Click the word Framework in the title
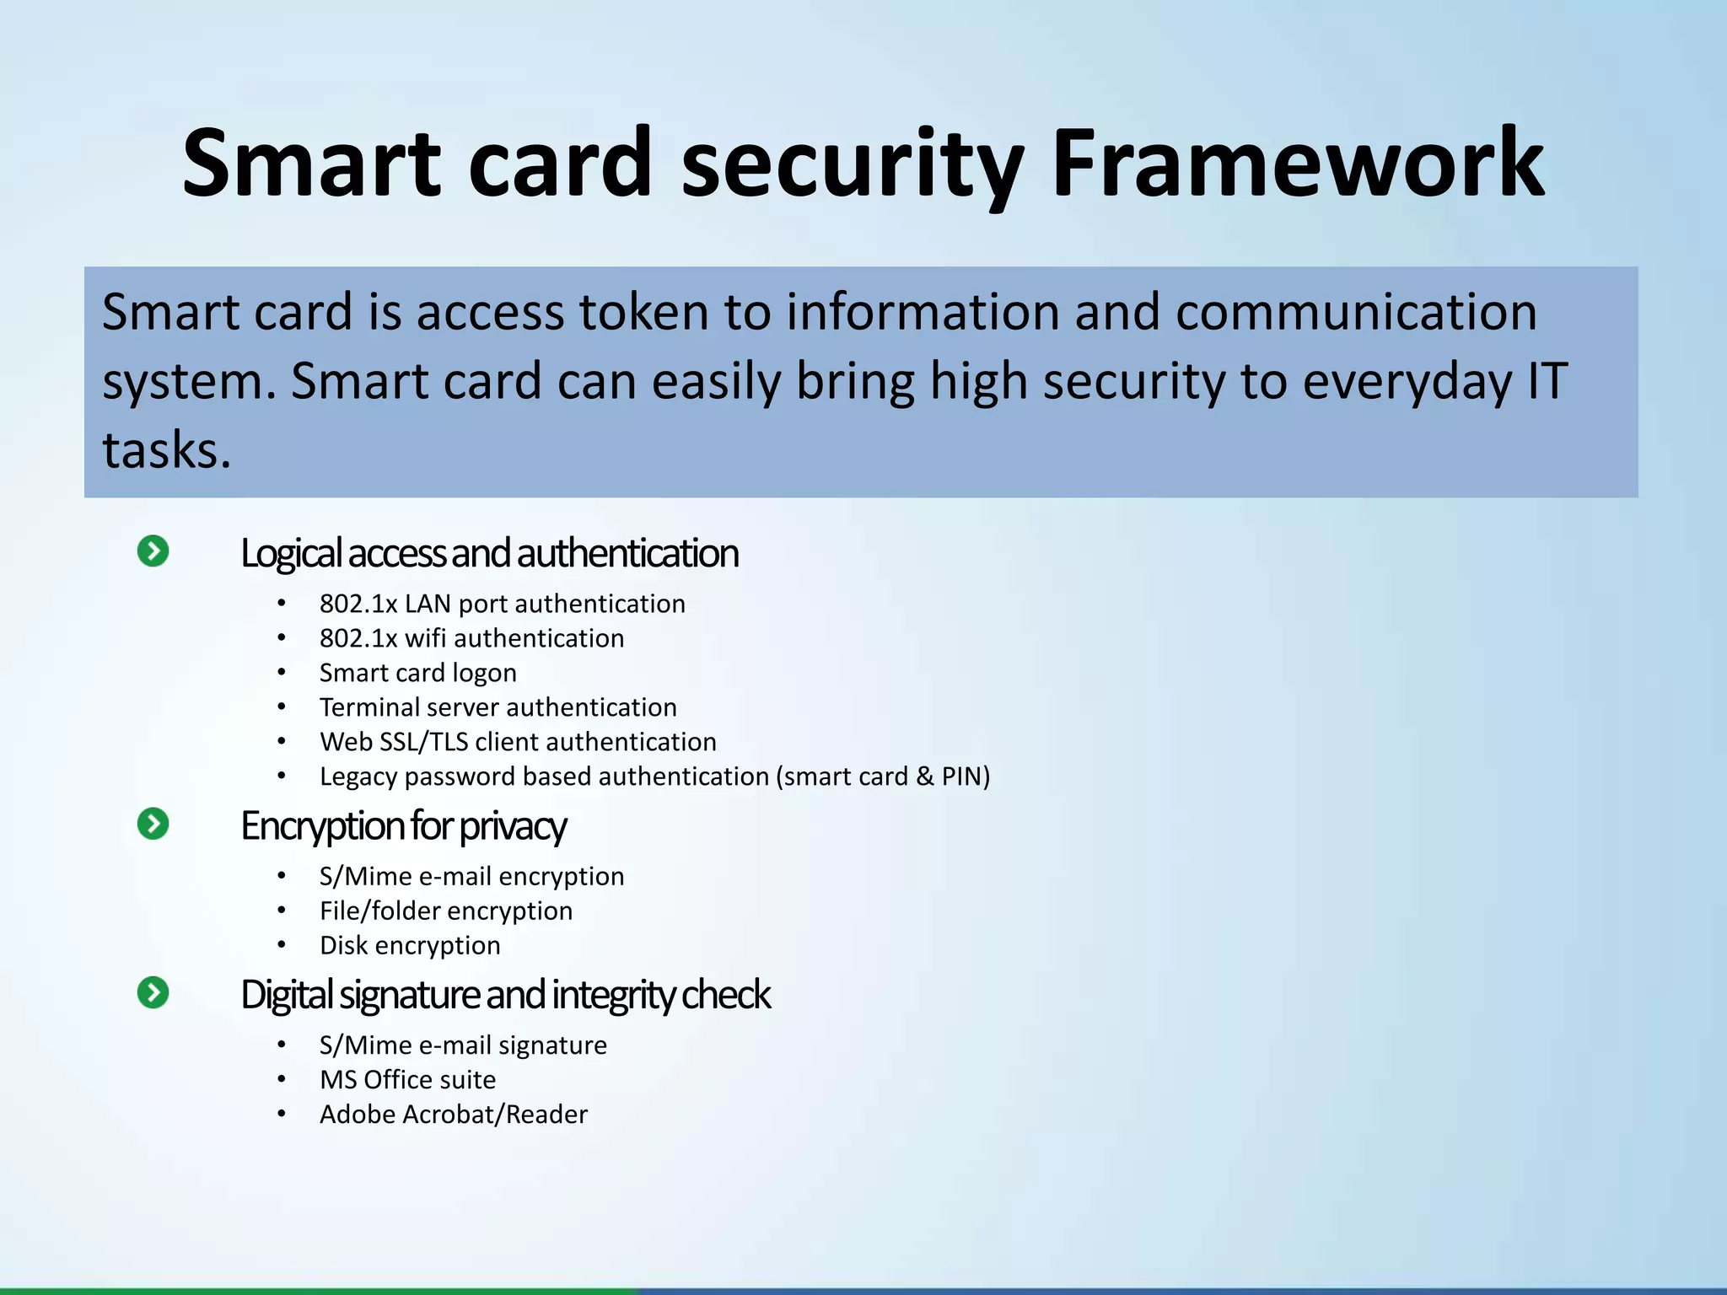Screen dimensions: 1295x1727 click(1297, 164)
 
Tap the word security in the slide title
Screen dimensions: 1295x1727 click(852, 164)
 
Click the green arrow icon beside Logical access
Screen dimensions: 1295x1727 click(153, 551)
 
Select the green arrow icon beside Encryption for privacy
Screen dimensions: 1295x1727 click(153, 824)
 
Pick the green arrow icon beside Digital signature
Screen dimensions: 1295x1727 click(153, 992)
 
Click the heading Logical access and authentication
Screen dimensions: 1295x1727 click(489, 554)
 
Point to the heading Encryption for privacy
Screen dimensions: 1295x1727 click(403, 826)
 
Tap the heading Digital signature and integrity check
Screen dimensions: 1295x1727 click(504, 995)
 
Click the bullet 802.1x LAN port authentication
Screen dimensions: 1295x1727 click(502, 604)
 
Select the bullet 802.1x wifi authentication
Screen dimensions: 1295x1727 click(471, 638)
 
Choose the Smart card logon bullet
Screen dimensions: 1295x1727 click(417, 673)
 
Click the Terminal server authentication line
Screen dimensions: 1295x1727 click(498, 707)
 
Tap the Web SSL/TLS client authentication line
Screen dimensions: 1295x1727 click(518, 742)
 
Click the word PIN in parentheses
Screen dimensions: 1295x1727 click(961, 776)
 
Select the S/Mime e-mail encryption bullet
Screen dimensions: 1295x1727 click(471, 877)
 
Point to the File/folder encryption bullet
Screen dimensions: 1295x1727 click(445, 911)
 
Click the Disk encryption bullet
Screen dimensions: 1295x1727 click(410, 946)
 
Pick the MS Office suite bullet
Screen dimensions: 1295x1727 click(407, 1080)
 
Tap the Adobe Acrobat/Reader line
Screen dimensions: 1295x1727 click(453, 1115)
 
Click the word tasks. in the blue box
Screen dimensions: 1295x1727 click(166, 450)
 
